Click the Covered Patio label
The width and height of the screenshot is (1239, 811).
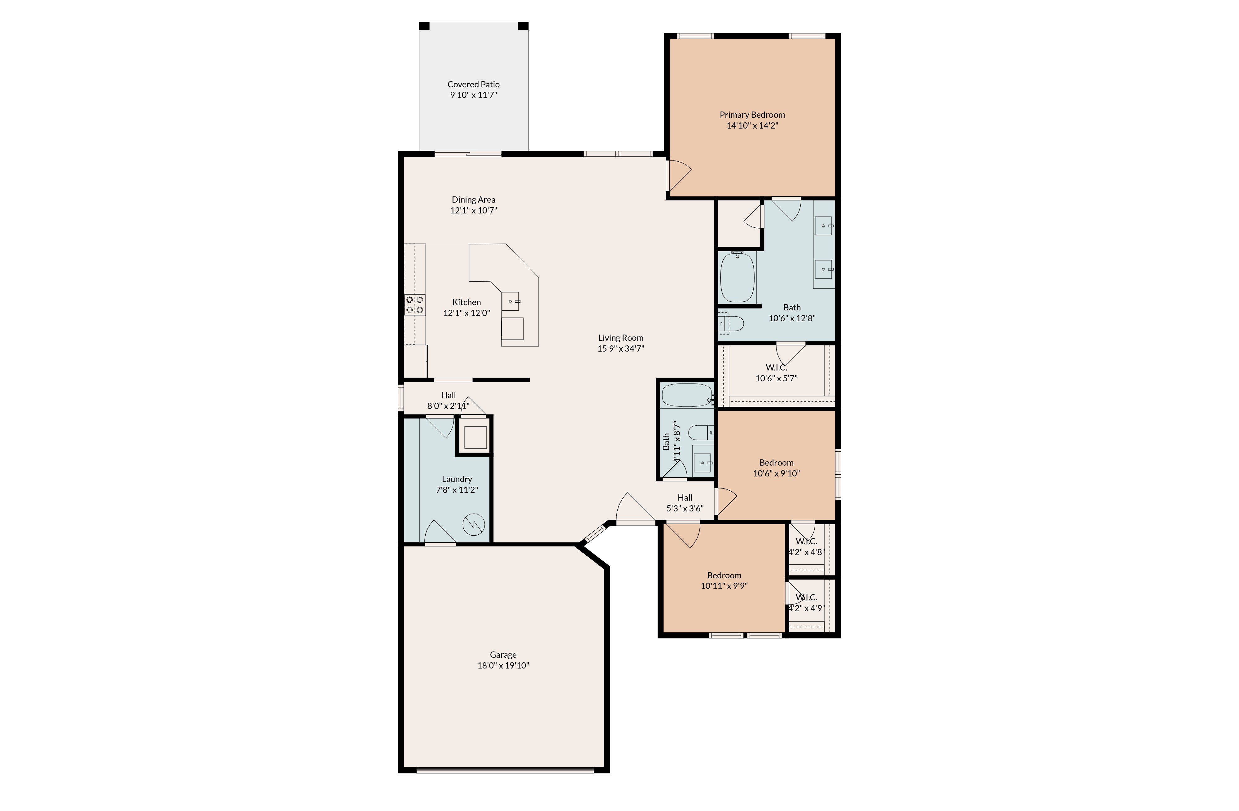click(473, 84)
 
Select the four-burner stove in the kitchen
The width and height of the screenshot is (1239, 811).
click(415, 305)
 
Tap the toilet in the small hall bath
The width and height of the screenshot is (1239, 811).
click(701, 432)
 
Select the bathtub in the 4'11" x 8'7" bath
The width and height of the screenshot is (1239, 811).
click(686, 395)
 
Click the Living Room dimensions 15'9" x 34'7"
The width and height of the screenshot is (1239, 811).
click(620, 349)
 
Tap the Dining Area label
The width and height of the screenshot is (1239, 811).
click(473, 199)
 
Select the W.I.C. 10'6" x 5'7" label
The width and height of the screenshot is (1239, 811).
click(776, 367)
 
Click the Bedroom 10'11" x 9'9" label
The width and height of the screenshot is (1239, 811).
click(724, 575)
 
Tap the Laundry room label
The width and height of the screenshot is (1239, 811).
click(457, 479)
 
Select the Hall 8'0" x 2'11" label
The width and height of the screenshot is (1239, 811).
click(448, 395)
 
